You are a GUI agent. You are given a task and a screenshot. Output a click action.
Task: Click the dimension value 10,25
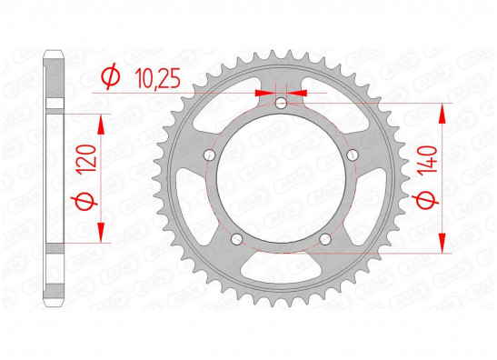click(x=157, y=78)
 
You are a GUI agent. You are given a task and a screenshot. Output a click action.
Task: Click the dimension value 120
click(x=87, y=158)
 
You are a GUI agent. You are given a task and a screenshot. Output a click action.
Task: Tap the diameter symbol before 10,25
click(x=111, y=76)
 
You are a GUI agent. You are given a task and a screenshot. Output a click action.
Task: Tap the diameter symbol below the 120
click(x=84, y=202)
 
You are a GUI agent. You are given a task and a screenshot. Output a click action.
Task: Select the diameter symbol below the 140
click(x=425, y=201)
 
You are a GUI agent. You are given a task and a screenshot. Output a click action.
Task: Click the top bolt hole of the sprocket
click(x=281, y=103)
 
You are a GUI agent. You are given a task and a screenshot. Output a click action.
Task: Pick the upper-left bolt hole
click(x=209, y=155)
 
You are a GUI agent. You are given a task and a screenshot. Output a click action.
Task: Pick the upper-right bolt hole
click(x=353, y=155)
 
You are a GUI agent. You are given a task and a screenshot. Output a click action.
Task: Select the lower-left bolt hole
click(x=236, y=239)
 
